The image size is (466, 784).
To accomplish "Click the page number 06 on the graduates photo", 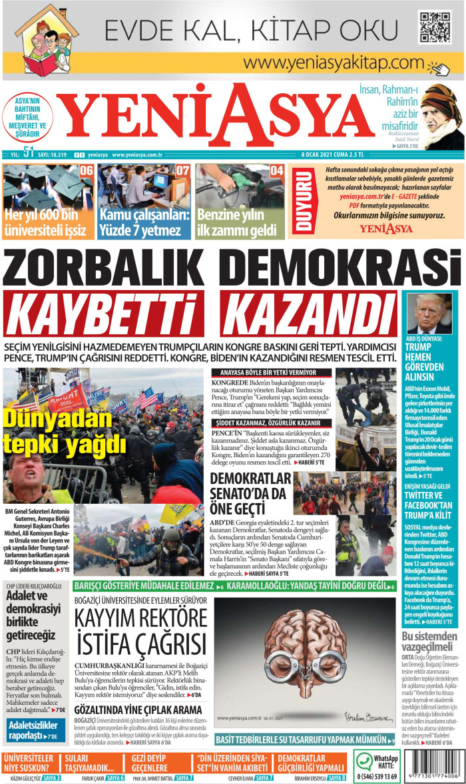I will tap(86, 171).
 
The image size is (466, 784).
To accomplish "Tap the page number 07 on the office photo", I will tap(182, 171).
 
